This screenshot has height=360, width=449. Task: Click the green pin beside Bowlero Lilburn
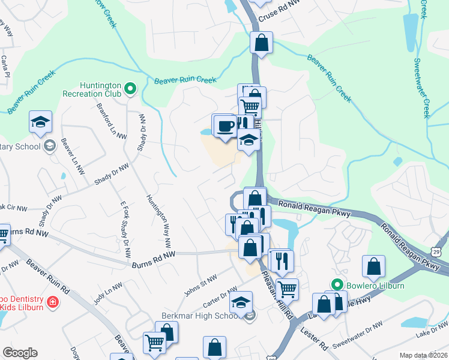(x=337, y=285)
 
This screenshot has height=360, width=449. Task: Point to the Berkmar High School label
(x=200, y=316)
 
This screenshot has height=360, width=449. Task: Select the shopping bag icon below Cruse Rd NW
(x=261, y=43)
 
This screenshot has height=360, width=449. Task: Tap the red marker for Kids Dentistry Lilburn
(x=53, y=301)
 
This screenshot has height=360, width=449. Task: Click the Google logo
(x=20, y=353)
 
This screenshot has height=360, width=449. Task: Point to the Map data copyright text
(x=424, y=355)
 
